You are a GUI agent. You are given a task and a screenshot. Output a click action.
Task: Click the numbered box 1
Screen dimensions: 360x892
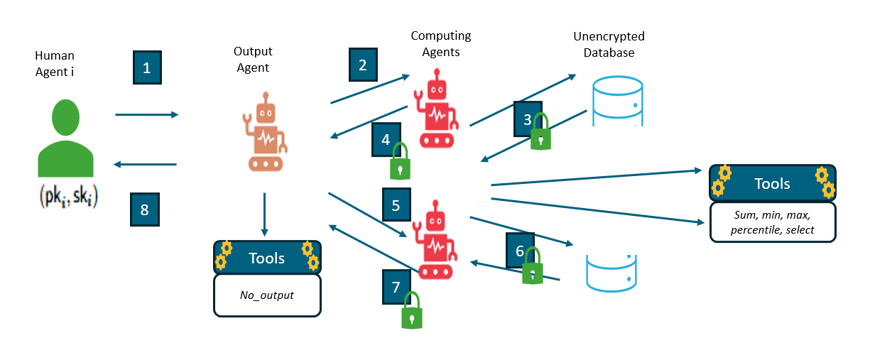(x=147, y=68)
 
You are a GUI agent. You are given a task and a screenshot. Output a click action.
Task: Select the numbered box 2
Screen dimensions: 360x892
(x=362, y=65)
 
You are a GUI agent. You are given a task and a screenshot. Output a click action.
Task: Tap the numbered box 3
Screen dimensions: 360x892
(x=527, y=119)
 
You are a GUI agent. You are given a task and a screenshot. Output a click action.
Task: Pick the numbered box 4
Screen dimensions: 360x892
(x=386, y=140)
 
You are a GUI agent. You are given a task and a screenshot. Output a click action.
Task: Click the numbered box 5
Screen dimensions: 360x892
(x=396, y=205)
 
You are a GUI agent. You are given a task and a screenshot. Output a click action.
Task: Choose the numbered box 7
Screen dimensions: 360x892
(x=396, y=287)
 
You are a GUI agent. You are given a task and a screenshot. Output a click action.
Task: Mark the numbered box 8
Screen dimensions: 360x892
(x=145, y=209)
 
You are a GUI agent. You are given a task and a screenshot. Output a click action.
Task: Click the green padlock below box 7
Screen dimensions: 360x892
(x=411, y=312)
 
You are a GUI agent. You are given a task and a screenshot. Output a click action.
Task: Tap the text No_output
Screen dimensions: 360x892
(x=267, y=295)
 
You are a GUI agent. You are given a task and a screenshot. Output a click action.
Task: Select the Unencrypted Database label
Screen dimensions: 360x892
(x=609, y=44)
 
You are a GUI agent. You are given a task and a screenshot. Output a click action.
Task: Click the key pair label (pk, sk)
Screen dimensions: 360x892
(x=68, y=197)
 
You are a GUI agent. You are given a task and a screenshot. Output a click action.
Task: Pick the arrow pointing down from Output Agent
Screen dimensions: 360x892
(x=264, y=214)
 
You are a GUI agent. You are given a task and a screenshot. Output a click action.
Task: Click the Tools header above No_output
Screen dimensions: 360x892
(x=267, y=258)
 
